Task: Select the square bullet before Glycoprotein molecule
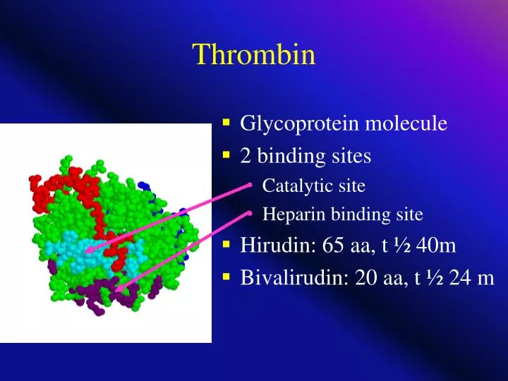pos(226,123)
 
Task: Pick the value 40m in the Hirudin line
pos(436,246)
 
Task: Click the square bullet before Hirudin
pos(226,245)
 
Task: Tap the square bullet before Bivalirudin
pos(226,277)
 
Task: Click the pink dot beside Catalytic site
pos(250,185)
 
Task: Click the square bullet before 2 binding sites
pos(226,155)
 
